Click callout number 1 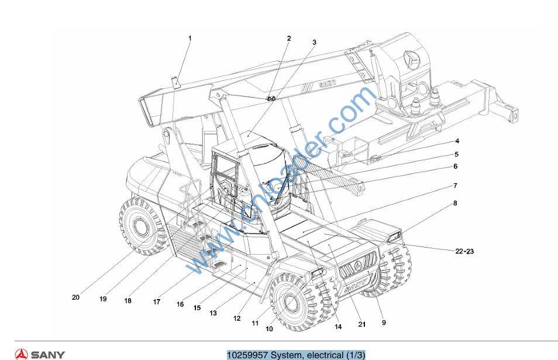point(190,39)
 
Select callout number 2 point(288,39)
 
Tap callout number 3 point(314,43)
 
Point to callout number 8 point(454,204)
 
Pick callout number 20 point(75,297)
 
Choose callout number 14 point(338,327)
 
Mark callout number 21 point(362,325)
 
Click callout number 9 point(383,323)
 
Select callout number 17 point(157,302)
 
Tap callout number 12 point(237,318)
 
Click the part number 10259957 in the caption point(246,355)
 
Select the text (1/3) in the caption point(355,355)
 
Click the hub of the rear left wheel point(141,225)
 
